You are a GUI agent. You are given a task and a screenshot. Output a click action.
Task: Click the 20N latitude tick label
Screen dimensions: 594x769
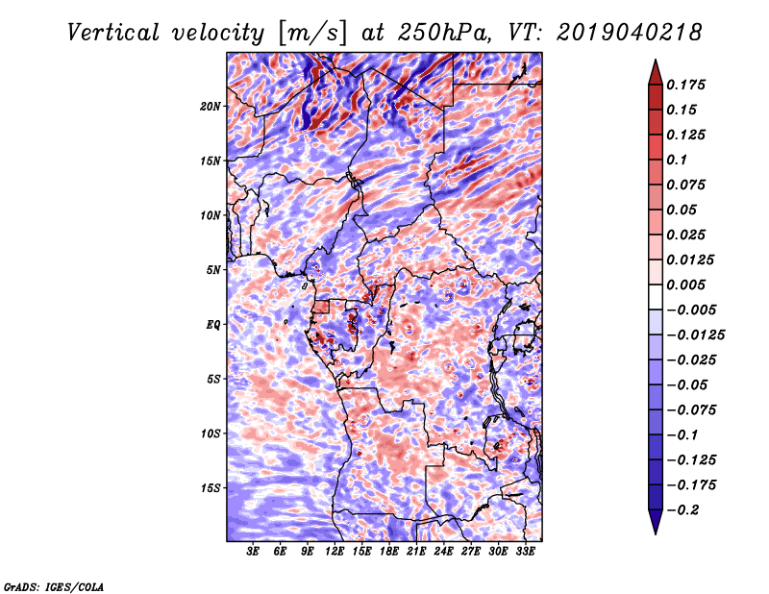tap(211, 106)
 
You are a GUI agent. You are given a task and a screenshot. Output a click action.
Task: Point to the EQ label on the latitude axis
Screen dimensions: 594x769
tap(213, 324)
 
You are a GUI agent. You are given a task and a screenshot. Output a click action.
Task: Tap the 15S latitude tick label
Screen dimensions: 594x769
tap(211, 488)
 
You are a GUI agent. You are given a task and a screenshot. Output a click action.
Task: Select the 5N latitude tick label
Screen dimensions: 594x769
tap(213, 270)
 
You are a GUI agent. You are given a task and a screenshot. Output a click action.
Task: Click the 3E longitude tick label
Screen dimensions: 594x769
tap(253, 553)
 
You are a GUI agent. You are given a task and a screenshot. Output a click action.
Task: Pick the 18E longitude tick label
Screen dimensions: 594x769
tap(388, 553)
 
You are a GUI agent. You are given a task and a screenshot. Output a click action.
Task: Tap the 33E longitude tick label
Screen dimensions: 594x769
tap(524, 553)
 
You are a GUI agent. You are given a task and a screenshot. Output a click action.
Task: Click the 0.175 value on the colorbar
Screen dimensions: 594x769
tap(688, 85)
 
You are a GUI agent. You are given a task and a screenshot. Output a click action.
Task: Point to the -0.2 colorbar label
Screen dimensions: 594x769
tap(685, 509)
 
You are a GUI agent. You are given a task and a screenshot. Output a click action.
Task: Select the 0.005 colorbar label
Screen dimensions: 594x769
tap(688, 285)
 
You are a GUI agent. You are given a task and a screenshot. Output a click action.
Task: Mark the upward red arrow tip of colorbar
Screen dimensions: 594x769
tap(654, 62)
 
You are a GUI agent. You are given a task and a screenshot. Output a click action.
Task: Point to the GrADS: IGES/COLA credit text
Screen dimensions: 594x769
tap(53, 585)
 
